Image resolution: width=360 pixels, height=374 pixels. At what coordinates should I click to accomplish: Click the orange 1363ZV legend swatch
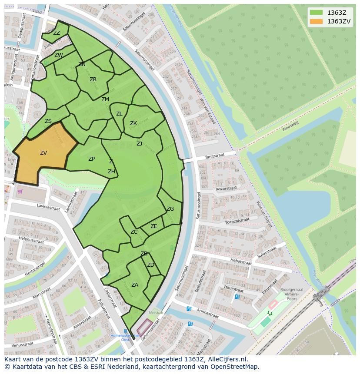(317, 21)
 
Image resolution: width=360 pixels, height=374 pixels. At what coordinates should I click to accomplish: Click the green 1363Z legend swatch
(317, 13)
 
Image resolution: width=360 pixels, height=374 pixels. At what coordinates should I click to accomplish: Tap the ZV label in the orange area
(43, 153)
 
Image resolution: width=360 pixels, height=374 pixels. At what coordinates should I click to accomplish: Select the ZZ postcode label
(57, 33)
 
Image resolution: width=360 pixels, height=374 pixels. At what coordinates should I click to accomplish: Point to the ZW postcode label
(59, 55)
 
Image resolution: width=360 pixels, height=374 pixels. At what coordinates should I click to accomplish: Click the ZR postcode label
(93, 79)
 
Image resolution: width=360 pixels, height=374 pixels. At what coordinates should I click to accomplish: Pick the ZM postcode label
(105, 99)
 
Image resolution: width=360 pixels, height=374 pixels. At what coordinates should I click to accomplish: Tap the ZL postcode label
(119, 114)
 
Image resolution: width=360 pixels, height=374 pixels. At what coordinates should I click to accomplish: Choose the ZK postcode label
(133, 123)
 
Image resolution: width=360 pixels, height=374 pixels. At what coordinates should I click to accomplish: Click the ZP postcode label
(91, 159)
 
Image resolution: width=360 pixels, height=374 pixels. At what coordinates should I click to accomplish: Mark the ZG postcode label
(170, 209)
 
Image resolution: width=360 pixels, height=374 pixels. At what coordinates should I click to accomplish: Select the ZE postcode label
(154, 226)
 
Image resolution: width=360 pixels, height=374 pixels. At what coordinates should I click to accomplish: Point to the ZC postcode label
(134, 232)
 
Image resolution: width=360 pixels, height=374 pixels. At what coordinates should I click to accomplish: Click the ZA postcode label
(135, 285)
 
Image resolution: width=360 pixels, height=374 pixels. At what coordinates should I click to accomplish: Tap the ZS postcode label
(48, 121)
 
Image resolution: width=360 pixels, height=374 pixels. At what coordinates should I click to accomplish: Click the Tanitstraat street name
(214, 157)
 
